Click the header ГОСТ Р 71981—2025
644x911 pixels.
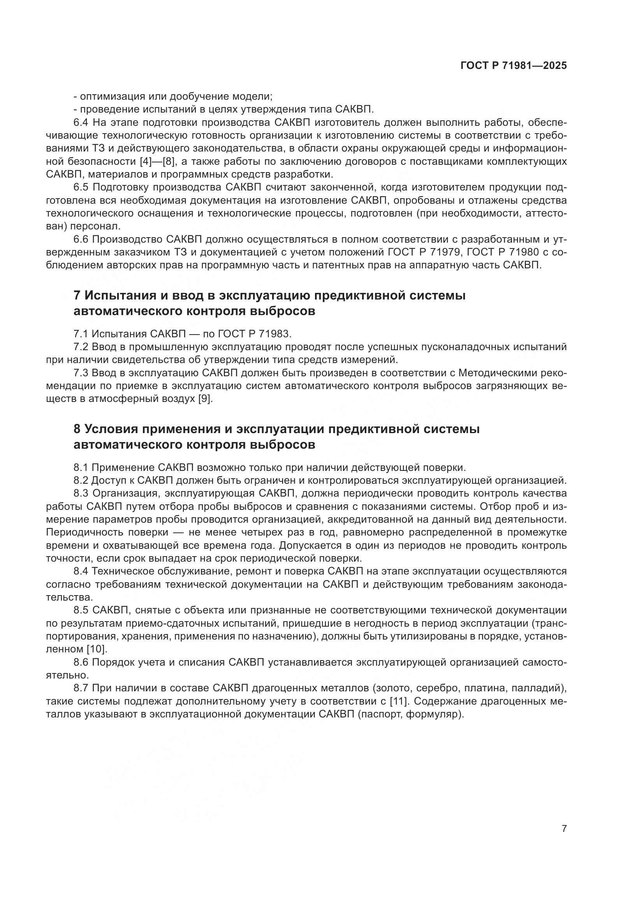(x=514, y=66)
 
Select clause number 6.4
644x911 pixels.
(x=81, y=123)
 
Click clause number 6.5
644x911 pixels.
(x=81, y=187)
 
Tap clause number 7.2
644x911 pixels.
(x=81, y=347)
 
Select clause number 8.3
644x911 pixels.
(x=81, y=493)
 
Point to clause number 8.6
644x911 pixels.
(x=81, y=662)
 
